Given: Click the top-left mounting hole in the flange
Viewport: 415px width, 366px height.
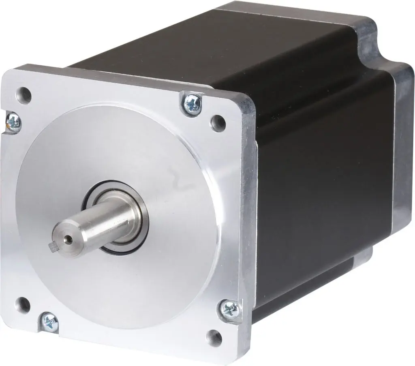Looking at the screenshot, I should [x=24, y=95].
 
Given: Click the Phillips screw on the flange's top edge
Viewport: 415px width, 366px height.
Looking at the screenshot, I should [x=192, y=103].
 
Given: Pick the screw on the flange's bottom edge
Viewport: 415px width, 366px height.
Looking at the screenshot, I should [x=50, y=322].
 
